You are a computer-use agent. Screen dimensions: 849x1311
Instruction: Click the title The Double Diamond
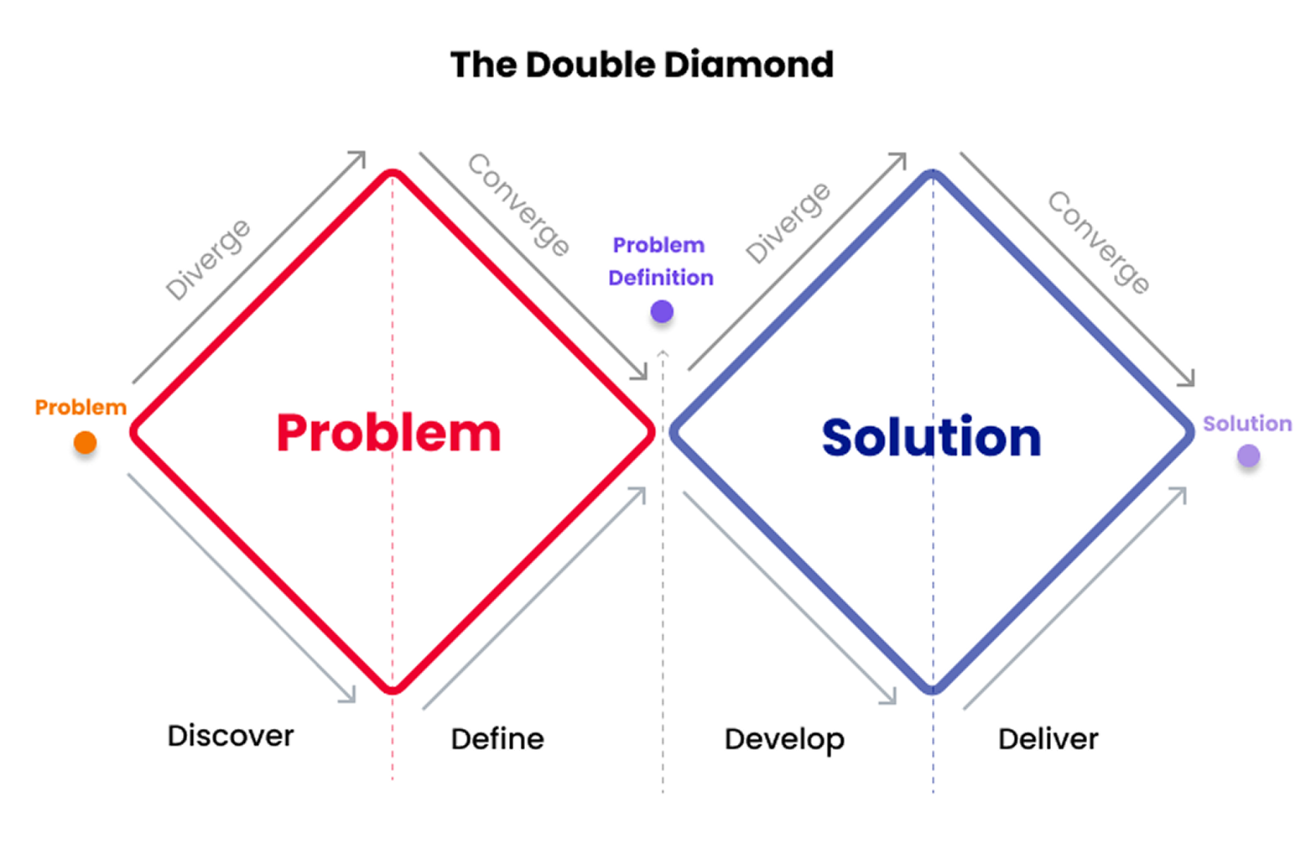click(642, 65)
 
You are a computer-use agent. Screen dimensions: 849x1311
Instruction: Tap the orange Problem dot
click(85, 442)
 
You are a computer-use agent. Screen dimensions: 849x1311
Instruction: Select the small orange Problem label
click(81, 408)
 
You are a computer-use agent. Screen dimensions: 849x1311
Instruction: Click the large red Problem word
click(388, 434)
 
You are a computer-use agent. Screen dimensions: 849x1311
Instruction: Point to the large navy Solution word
click(931, 438)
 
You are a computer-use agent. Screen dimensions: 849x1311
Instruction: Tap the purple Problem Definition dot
click(662, 312)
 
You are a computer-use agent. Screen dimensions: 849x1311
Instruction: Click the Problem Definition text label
click(660, 261)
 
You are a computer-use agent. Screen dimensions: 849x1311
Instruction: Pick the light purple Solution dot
click(1248, 456)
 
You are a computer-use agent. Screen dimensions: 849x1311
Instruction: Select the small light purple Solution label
click(1246, 424)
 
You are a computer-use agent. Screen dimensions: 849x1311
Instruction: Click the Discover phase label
click(231, 736)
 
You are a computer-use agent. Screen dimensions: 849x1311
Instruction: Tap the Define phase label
click(497, 739)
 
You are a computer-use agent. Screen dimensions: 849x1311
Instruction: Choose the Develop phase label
click(784, 739)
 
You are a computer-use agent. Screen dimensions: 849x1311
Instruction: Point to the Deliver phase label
click(1048, 739)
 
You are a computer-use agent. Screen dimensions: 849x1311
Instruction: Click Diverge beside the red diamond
click(207, 259)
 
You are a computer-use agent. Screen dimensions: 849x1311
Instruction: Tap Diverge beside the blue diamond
click(788, 222)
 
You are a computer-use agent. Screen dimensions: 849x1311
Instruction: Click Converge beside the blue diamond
click(1099, 242)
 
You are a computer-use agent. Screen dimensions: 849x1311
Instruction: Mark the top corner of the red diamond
click(393, 174)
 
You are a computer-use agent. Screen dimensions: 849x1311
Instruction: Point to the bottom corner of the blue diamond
click(933, 690)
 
